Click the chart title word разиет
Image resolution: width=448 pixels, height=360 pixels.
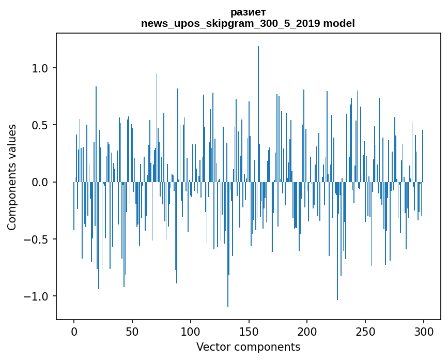click(248, 12)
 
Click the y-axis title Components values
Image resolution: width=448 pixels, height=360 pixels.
click(12, 177)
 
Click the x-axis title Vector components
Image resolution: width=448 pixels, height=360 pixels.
click(248, 347)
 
